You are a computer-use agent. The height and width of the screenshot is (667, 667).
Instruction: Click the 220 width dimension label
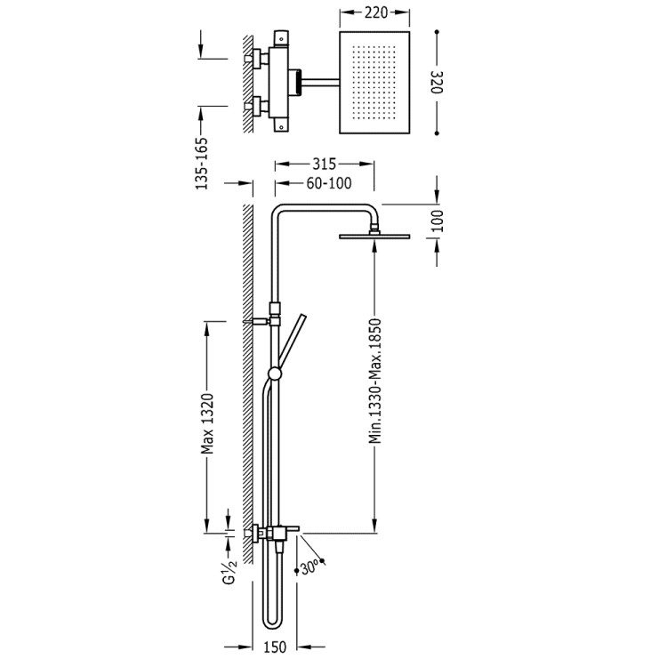pyautogui.click(x=376, y=12)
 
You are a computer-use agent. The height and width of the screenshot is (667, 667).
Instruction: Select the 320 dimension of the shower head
pyautogui.click(x=437, y=82)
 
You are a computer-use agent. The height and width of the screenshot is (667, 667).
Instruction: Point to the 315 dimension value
pyautogui.click(x=324, y=164)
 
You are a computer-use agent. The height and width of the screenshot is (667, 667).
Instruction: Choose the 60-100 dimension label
pyautogui.click(x=329, y=183)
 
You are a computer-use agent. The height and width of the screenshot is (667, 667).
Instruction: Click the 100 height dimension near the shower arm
pyautogui.click(x=437, y=221)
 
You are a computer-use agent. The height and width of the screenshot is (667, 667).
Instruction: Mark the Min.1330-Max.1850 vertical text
pyautogui.click(x=374, y=381)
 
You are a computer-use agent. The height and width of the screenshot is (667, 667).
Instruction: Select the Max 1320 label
pyautogui.click(x=206, y=423)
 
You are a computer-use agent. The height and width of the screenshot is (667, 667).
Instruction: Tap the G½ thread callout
pyautogui.click(x=229, y=572)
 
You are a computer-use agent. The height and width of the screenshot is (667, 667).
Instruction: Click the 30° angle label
pyautogui.click(x=309, y=567)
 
